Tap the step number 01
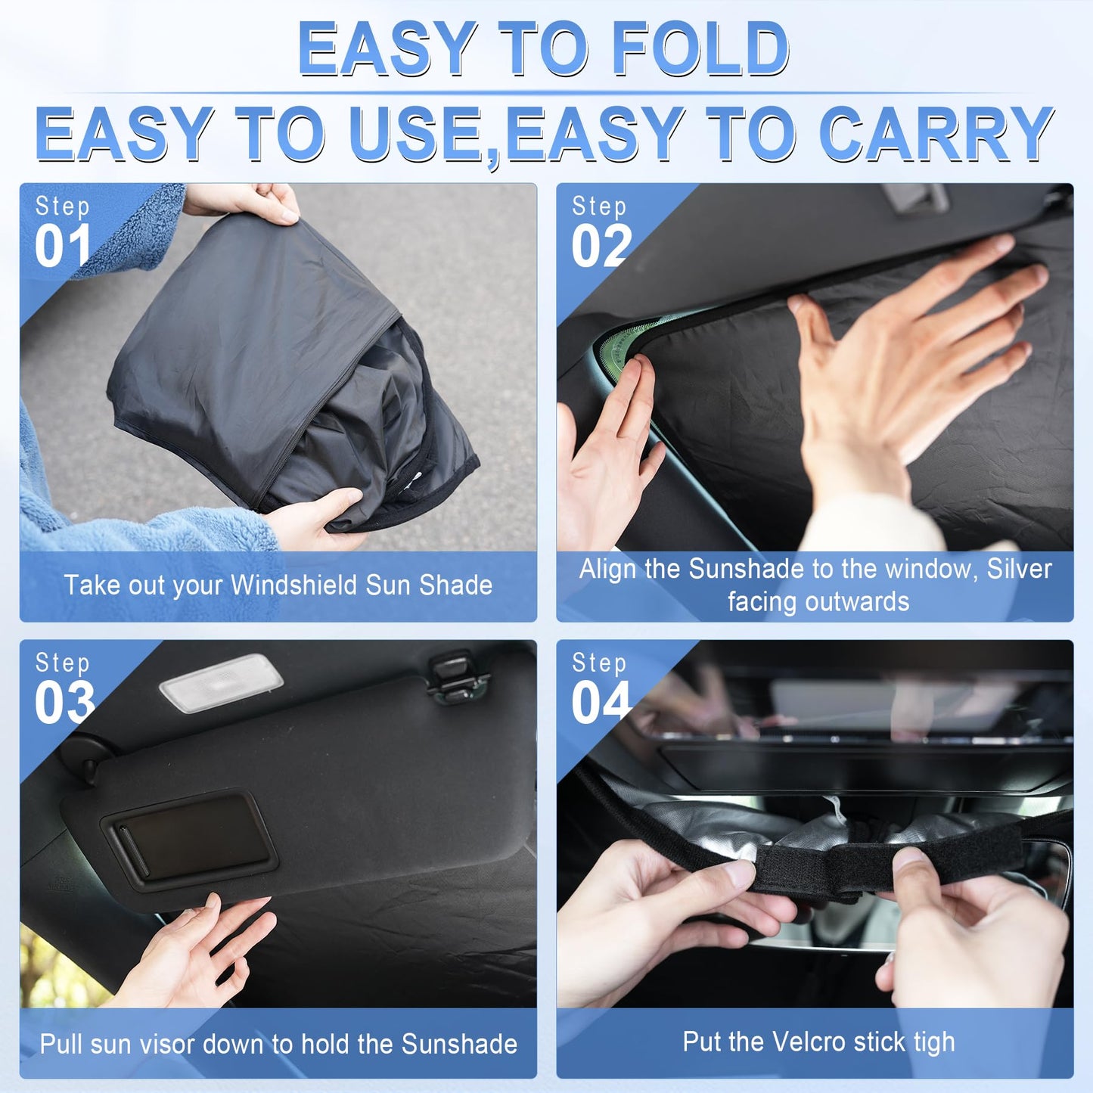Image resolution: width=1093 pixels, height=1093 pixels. click(62, 247)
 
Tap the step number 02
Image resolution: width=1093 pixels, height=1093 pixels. click(601, 247)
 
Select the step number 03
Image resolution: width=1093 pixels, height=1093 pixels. click(64, 703)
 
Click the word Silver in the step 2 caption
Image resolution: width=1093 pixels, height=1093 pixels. click(1019, 569)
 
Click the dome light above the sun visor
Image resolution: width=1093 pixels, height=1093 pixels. click(221, 682)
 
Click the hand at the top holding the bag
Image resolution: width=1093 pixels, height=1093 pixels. click(250, 202)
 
